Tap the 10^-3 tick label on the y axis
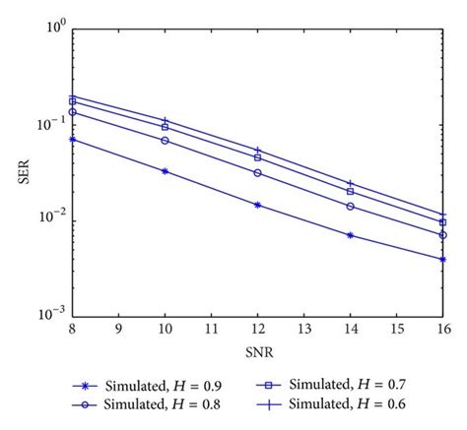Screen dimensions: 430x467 coord(51,316)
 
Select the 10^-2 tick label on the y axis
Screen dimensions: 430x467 coord(51,218)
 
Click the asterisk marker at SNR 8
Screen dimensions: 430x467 coord(72,139)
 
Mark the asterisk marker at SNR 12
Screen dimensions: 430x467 coord(257,205)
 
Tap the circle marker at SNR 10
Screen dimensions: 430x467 coord(165,141)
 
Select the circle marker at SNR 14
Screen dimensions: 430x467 coord(351,207)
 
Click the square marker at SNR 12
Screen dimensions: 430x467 coord(257,157)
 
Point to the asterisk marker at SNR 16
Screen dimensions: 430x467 coord(443,260)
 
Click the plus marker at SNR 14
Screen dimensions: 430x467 coord(351,183)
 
